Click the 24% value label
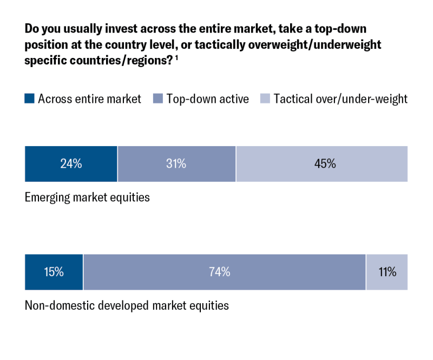coord(71,163)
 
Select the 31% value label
coord(176,163)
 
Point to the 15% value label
coord(54,272)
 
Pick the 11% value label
coord(387,272)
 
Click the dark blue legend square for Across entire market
coord(29,99)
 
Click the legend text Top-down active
coord(207,99)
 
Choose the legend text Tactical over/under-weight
coord(340,99)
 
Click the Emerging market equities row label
coord(87,197)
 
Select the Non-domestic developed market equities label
coord(127,305)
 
